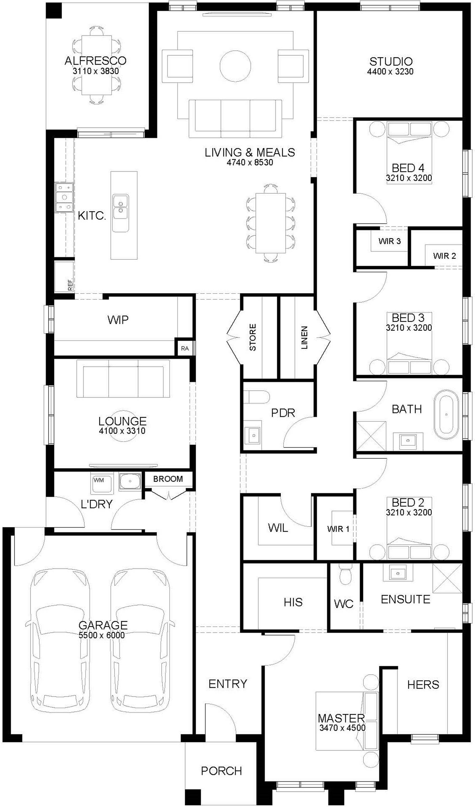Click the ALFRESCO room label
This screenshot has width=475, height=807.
point(95,61)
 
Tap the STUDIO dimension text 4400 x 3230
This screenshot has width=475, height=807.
point(390,71)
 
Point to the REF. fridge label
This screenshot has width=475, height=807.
point(70,284)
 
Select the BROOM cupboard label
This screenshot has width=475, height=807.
point(168,479)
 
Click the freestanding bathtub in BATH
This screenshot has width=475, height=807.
point(446,414)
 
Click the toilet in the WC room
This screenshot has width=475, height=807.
point(345,574)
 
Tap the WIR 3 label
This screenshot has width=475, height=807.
point(389,241)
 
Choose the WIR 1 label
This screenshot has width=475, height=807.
point(338,529)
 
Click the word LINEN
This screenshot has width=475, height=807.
point(305,338)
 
